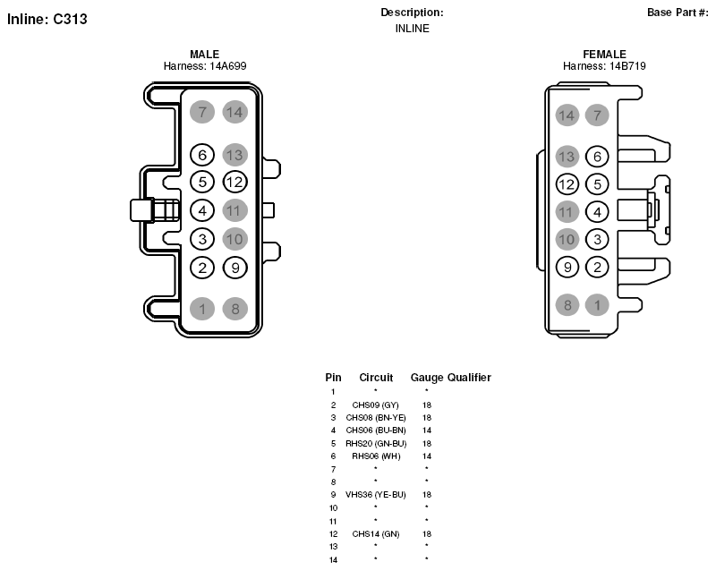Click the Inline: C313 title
[47, 19]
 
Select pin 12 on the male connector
[235, 182]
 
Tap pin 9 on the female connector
[567, 268]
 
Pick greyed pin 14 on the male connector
[235, 112]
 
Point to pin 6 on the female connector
[597, 157]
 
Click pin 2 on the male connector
[202, 268]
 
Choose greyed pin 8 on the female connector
[567, 304]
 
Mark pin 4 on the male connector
[202, 210]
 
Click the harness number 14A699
[228, 66]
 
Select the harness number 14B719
[627, 66]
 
